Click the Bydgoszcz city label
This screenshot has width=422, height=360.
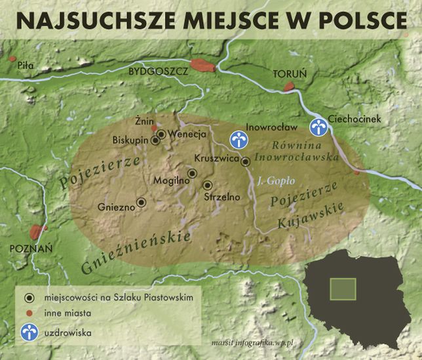[158, 71]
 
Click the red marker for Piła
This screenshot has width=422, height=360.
[12, 59]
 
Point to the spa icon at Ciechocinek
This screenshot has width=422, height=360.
[319, 127]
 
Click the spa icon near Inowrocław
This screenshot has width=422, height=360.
[239, 139]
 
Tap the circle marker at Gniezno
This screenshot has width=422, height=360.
[140, 202]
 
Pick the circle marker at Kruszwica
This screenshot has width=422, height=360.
[245, 161]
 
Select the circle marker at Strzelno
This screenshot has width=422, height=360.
[208, 186]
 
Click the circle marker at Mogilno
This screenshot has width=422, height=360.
[192, 173]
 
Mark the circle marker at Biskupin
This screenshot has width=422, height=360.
[156, 140]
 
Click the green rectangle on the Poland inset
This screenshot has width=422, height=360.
[342, 289]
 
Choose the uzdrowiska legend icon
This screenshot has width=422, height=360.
[28, 332]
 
